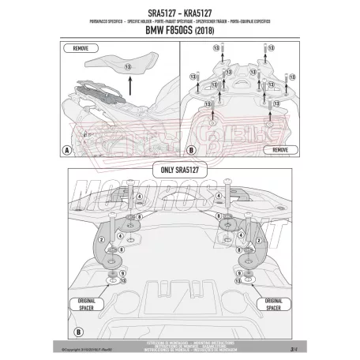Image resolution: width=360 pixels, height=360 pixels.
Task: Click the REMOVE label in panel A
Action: pyautogui.click(x=79, y=49)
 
